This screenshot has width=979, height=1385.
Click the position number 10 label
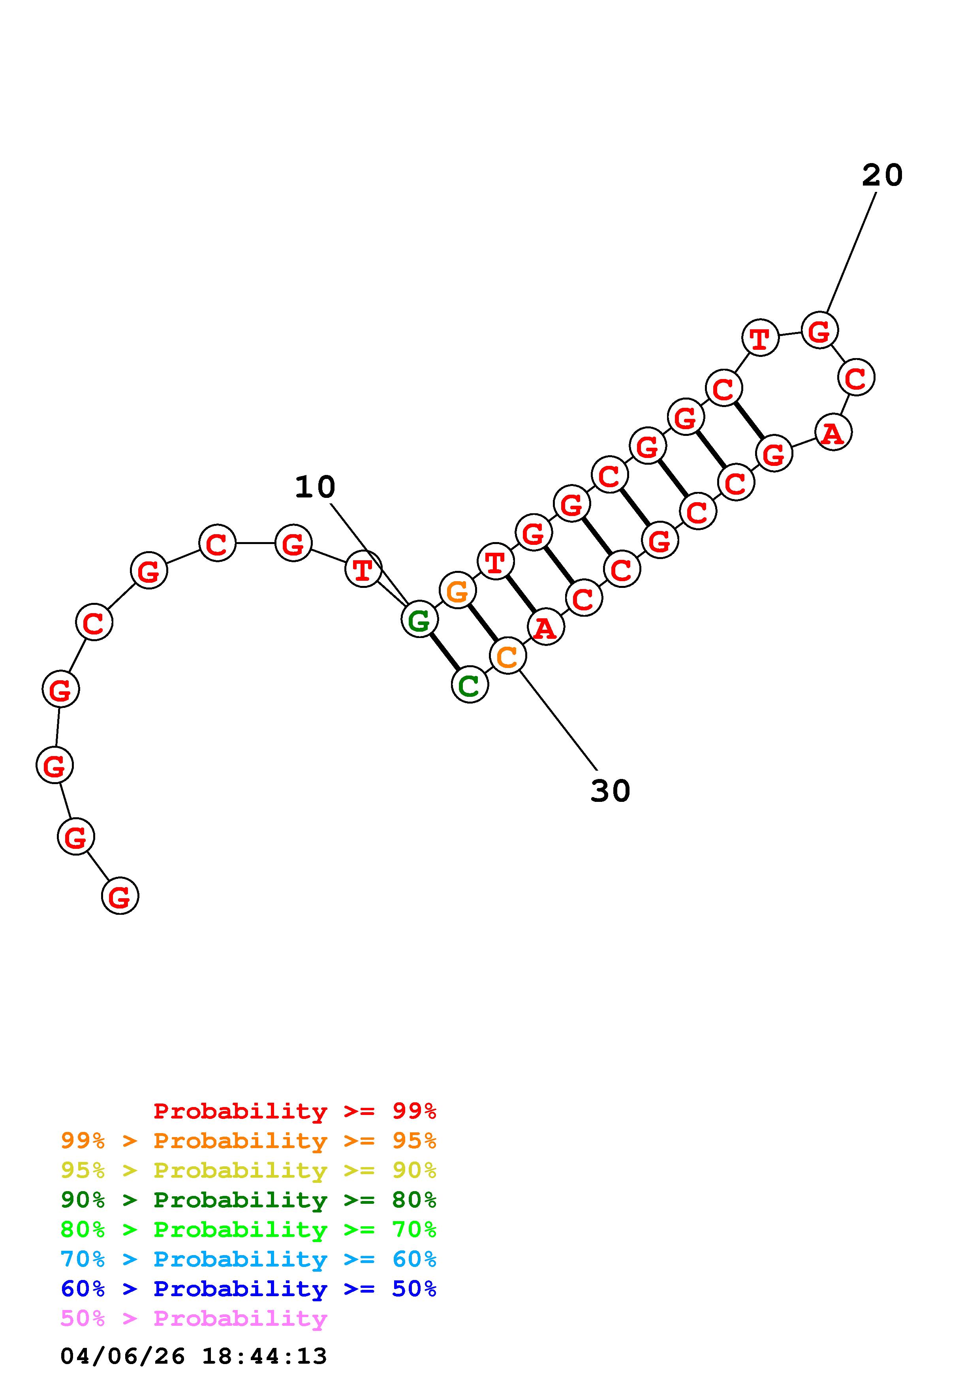point(315,487)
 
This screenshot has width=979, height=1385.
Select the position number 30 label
point(611,791)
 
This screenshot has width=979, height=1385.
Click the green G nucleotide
point(419,619)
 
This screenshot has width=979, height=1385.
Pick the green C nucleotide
point(469,685)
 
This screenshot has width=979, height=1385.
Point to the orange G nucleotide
point(458,591)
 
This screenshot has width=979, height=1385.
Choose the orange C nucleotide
point(508,656)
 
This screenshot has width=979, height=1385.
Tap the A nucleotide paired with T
point(546,627)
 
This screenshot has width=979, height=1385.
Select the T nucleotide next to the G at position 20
point(760,338)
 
